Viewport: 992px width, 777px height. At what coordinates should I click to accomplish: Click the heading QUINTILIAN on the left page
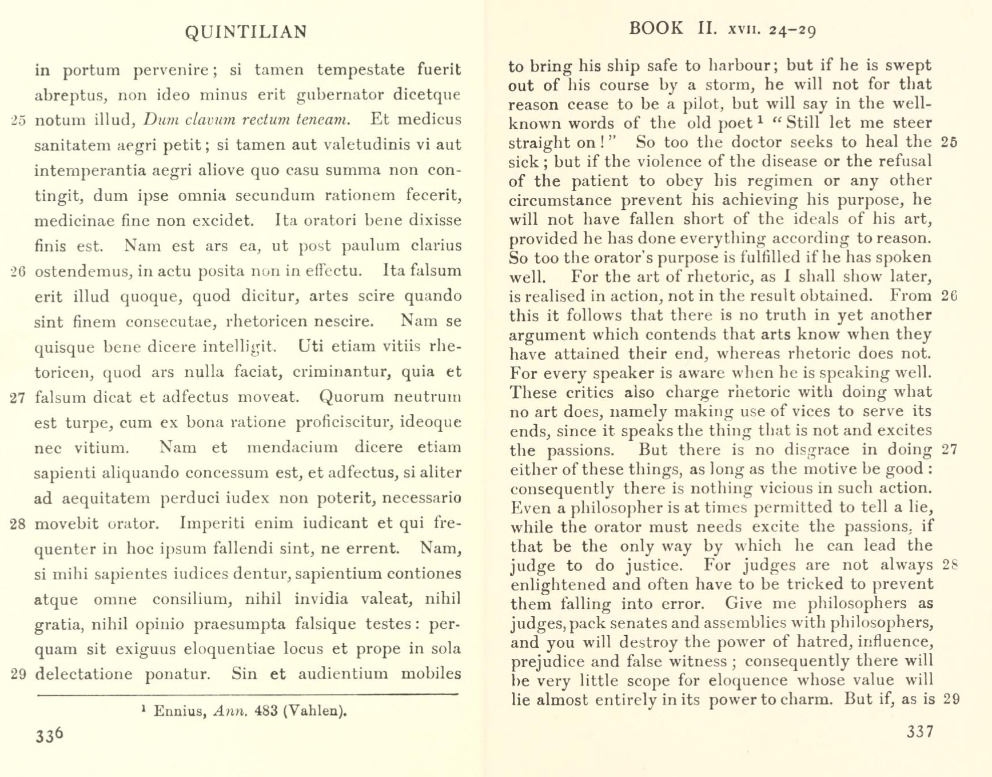click(246, 32)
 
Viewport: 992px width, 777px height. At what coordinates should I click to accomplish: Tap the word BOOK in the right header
click(656, 29)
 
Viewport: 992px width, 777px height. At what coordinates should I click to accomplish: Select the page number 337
click(920, 732)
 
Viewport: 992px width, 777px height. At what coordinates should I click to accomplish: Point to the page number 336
click(49, 735)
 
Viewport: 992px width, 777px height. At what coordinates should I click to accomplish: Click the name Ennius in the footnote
click(180, 712)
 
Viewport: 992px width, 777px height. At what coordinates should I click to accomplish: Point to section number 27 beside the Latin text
click(18, 398)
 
